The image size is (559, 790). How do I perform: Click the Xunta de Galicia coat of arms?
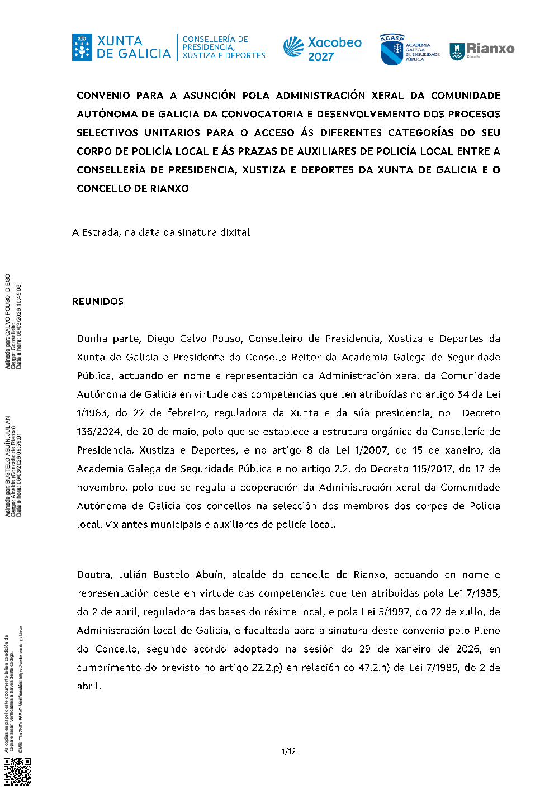click(82, 47)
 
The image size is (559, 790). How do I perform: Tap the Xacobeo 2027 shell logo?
click(293, 47)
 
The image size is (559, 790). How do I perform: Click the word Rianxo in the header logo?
click(490, 49)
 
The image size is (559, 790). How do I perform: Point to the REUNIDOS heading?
click(98, 302)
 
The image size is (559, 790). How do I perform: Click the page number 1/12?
click(288, 751)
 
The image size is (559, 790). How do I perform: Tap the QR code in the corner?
click(17, 772)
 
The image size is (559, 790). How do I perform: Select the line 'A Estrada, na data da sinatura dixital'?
click(161, 232)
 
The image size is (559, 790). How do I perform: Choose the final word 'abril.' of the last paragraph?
click(89, 686)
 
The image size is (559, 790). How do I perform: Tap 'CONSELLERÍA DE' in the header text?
click(215, 40)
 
